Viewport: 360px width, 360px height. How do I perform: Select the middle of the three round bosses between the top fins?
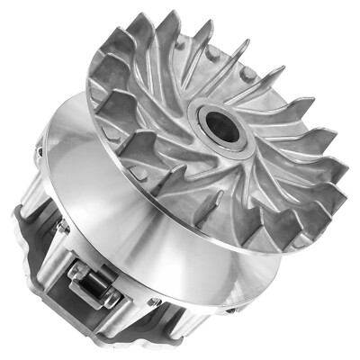tap(213, 54)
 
